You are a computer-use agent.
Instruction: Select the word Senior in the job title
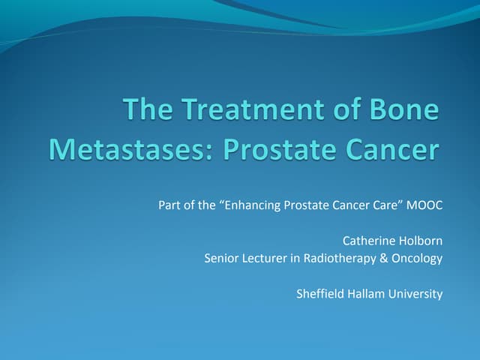[x=220, y=259]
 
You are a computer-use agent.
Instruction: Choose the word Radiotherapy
[x=337, y=259]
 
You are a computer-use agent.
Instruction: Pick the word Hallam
[x=364, y=294]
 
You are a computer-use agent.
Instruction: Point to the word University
[x=415, y=294]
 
